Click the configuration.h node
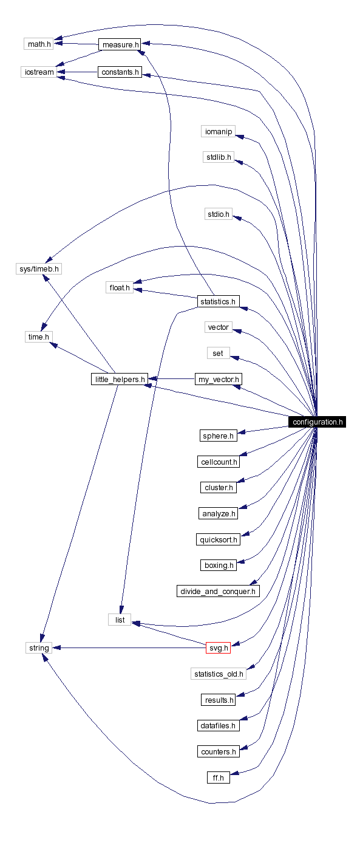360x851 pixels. point(317,422)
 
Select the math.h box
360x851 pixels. point(38,44)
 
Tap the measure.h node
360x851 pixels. point(120,45)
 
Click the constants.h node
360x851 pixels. point(120,72)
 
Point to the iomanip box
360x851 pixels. point(218,131)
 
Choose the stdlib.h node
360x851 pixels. point(218,157)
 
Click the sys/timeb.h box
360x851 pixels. point(39,268)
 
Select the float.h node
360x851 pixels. point(120,287)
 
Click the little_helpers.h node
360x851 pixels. point(118,380)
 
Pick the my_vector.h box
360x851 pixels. point(219,380)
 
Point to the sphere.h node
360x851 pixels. point(218,436)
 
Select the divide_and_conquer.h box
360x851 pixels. point(218,591)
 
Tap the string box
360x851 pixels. point(38,648)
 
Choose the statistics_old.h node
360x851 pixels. point(218,674)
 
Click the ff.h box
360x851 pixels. point(218,777)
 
